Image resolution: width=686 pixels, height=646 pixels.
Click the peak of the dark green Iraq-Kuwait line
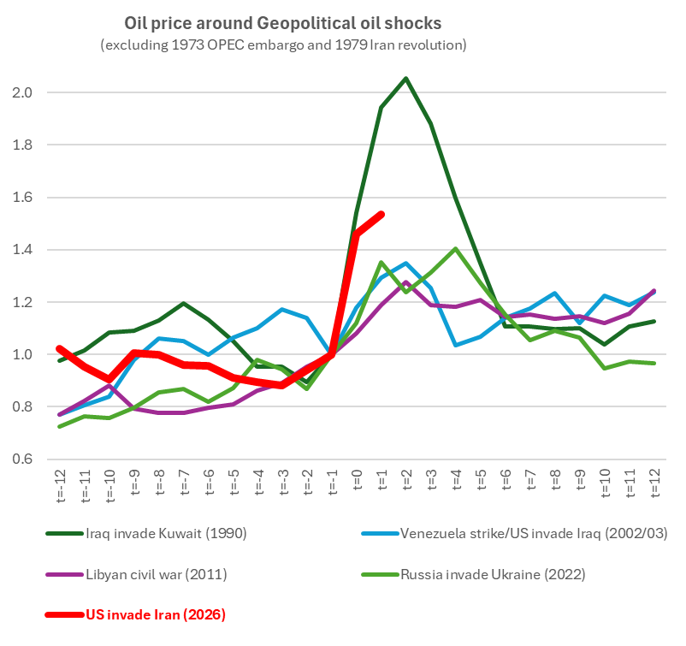(x=405, y=79)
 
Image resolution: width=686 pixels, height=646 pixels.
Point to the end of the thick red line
(x=381, y=214)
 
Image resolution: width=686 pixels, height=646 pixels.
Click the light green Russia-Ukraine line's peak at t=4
(x=455, y=249)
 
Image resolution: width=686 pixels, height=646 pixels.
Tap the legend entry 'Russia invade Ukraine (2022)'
(x=493, y=574)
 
